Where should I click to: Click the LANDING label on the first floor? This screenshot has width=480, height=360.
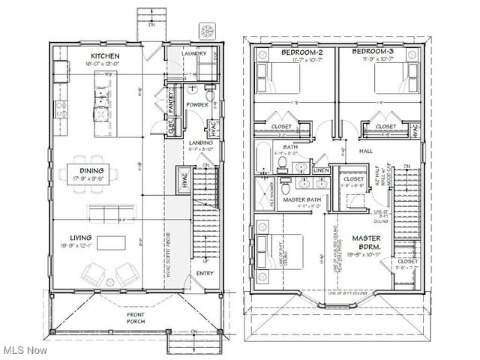pyautogui.click(x=199, y=142)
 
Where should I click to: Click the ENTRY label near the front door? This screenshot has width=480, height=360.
pyautogui.click(x=205, y=274)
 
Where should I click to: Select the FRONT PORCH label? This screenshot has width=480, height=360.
pyautogui.click(x=135, y=316)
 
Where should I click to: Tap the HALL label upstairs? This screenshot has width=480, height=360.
pyautogui.click(x=366, y=151)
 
